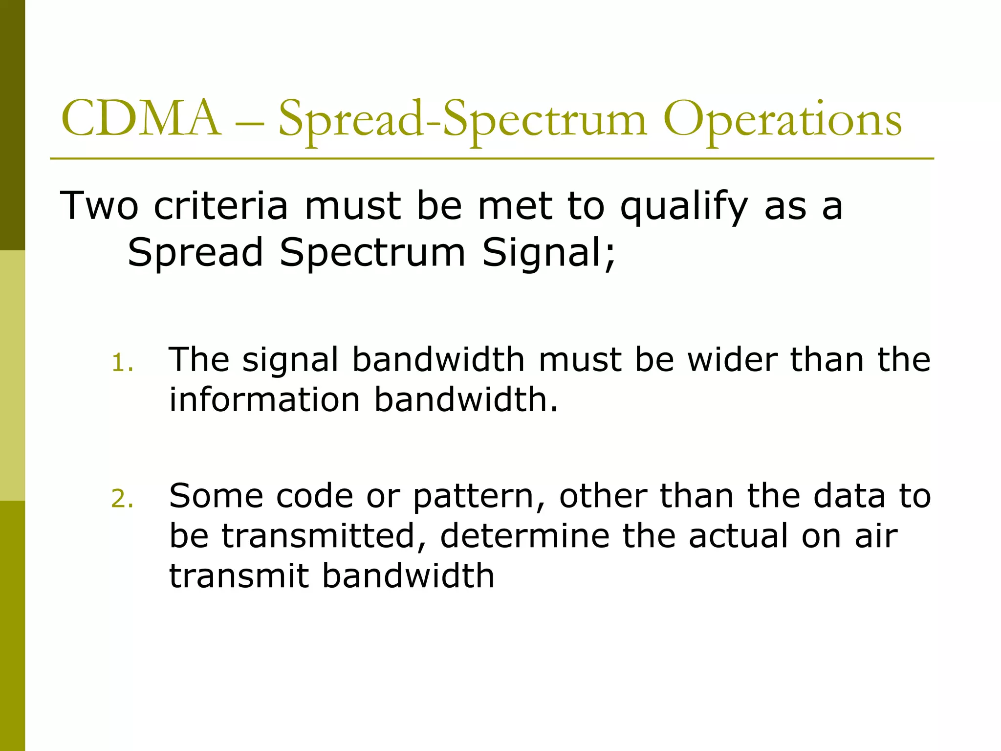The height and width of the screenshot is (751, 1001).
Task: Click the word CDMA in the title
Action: (x=141, y=119)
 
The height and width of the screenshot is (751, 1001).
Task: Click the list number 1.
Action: (x=122, y=363)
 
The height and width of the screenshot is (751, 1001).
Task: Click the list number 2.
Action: (x=122, y=499)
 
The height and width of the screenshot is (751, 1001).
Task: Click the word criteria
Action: (x=220, y=205)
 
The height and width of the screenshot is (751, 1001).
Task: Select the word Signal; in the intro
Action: (x=548, y=252)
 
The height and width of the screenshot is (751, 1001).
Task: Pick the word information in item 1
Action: (x=264, y=399)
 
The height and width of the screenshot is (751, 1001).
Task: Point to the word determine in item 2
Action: (x=524, y=536)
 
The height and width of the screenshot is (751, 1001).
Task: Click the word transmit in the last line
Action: (x=239, y=575)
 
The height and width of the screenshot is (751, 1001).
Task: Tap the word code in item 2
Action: (x=314, y=496)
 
